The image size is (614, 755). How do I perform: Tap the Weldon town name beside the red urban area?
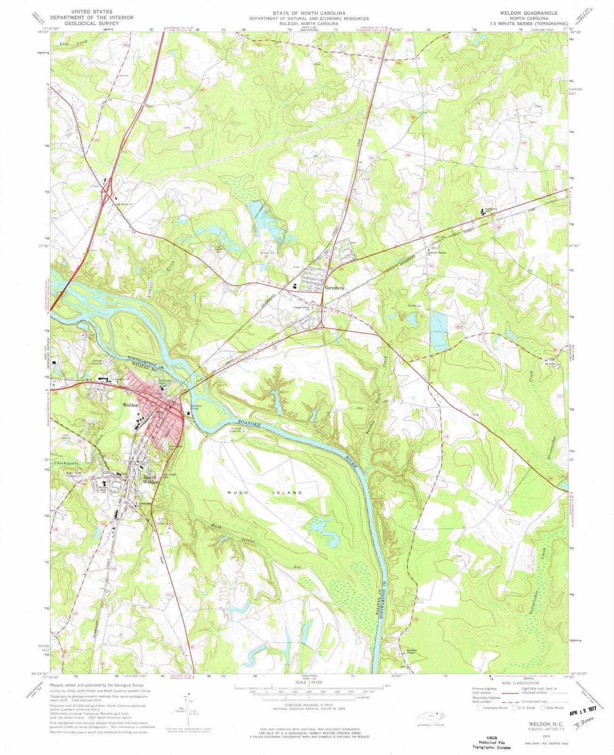130,405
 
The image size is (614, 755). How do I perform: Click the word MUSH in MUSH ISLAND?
237,493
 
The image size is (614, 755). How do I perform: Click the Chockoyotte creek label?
69,463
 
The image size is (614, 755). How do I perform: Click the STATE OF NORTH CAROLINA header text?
308,13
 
